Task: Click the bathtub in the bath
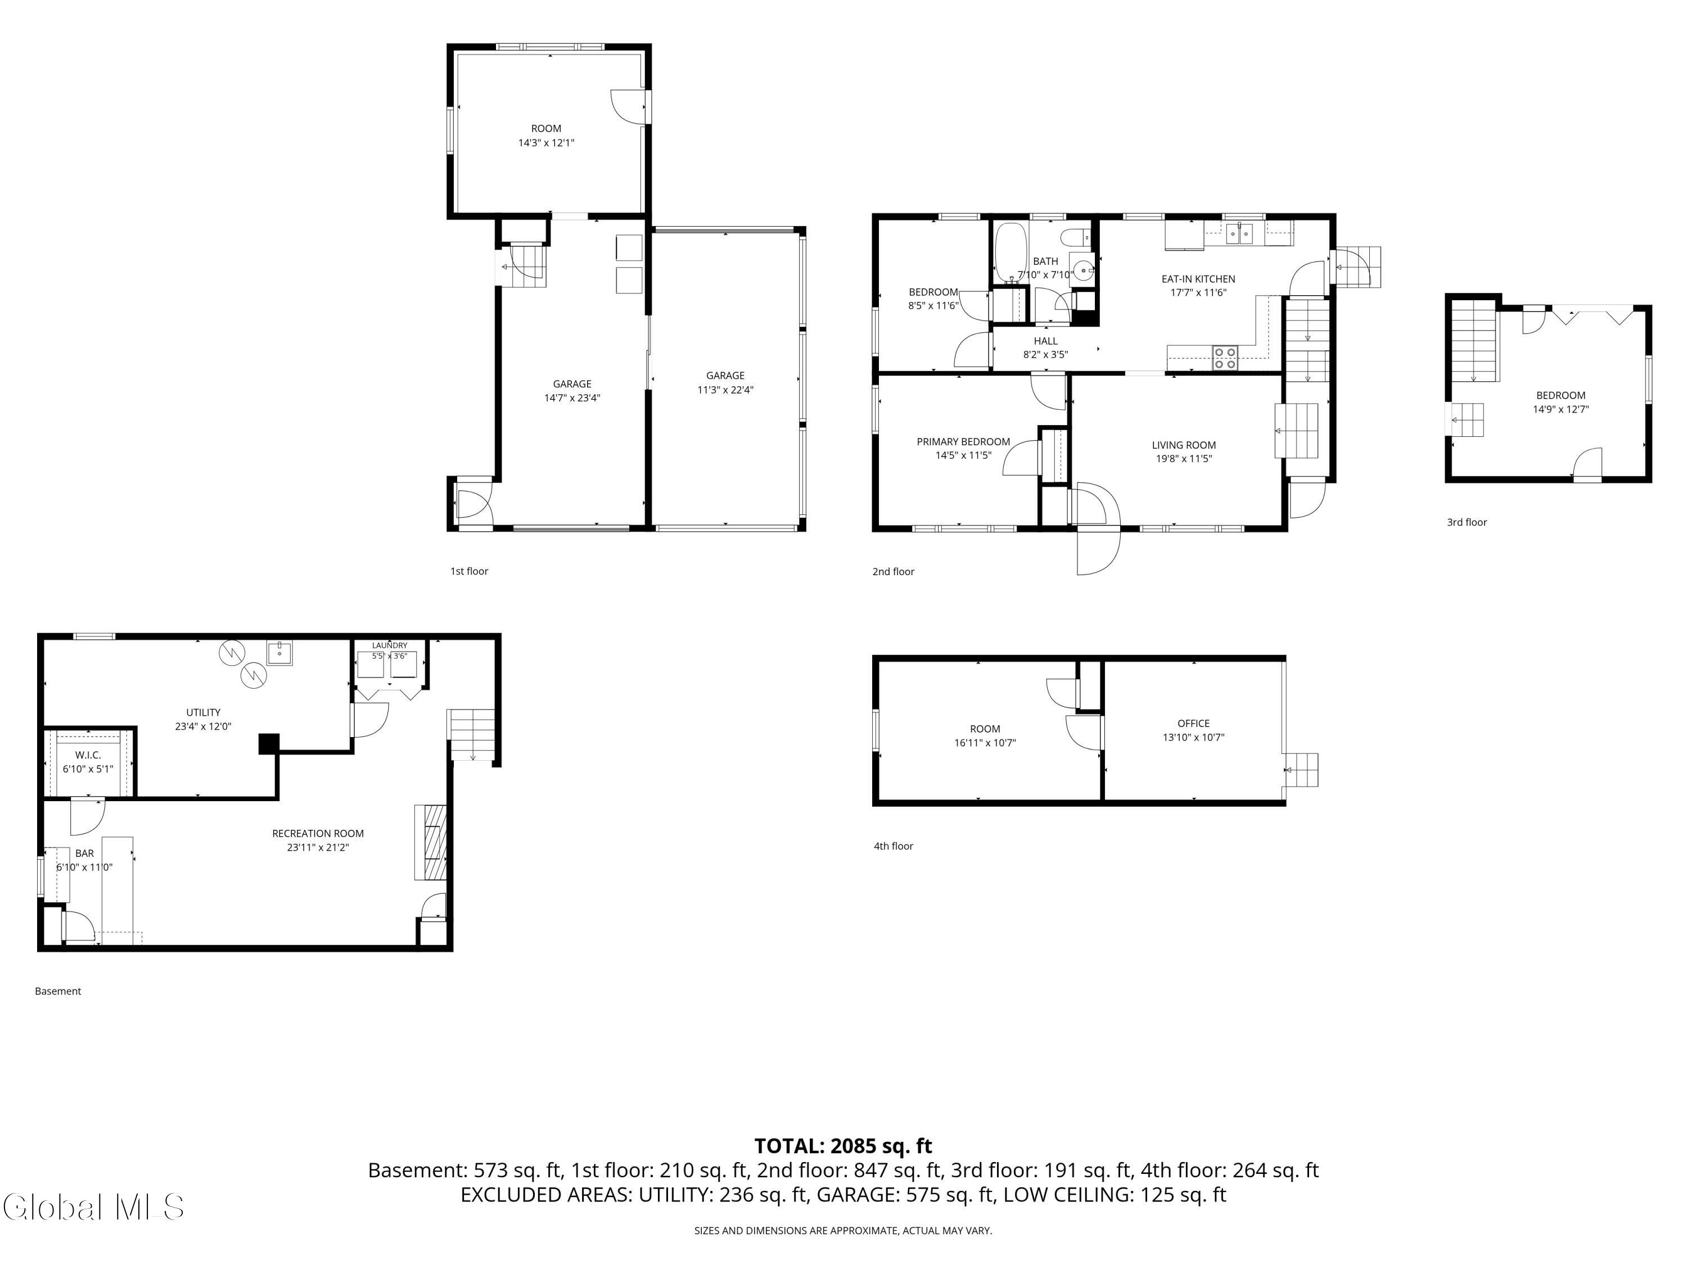point(1011,253)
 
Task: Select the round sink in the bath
point(1082,269)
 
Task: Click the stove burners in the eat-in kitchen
point(1225,358)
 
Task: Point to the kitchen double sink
point(1239,233)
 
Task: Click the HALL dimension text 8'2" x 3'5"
point(1045,355)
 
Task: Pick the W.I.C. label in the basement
point(88,755)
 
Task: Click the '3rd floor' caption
point(1467,522)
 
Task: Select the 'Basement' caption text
point(58,991)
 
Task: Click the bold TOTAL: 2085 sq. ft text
point(843,1146)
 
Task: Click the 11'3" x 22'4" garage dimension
point(725,390)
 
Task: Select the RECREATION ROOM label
point(318,833)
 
